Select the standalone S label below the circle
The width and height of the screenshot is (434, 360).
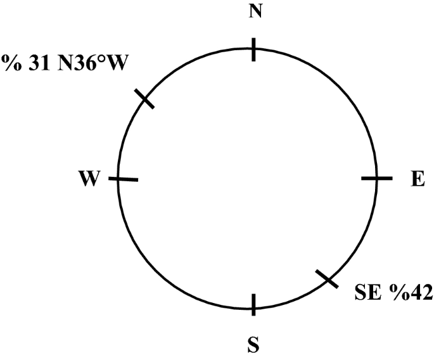click(x=253, y=345)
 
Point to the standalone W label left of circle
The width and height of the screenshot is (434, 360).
click(x=89, y=179)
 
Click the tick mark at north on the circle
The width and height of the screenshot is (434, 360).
click(x=253, y=49)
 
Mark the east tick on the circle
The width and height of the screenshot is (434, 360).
click(x=376, y=179)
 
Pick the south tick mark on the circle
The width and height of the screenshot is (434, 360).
click(x=253, y=304)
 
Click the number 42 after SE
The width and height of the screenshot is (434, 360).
click(x=419, y=292)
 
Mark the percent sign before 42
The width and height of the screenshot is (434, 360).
click(x=397, y=292)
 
